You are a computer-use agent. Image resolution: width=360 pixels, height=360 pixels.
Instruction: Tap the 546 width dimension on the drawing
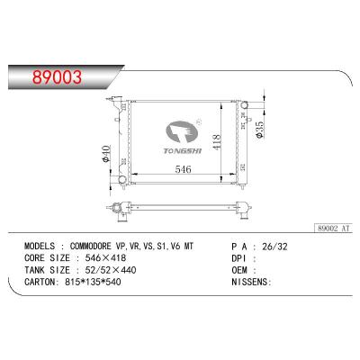(x=183, y=167)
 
